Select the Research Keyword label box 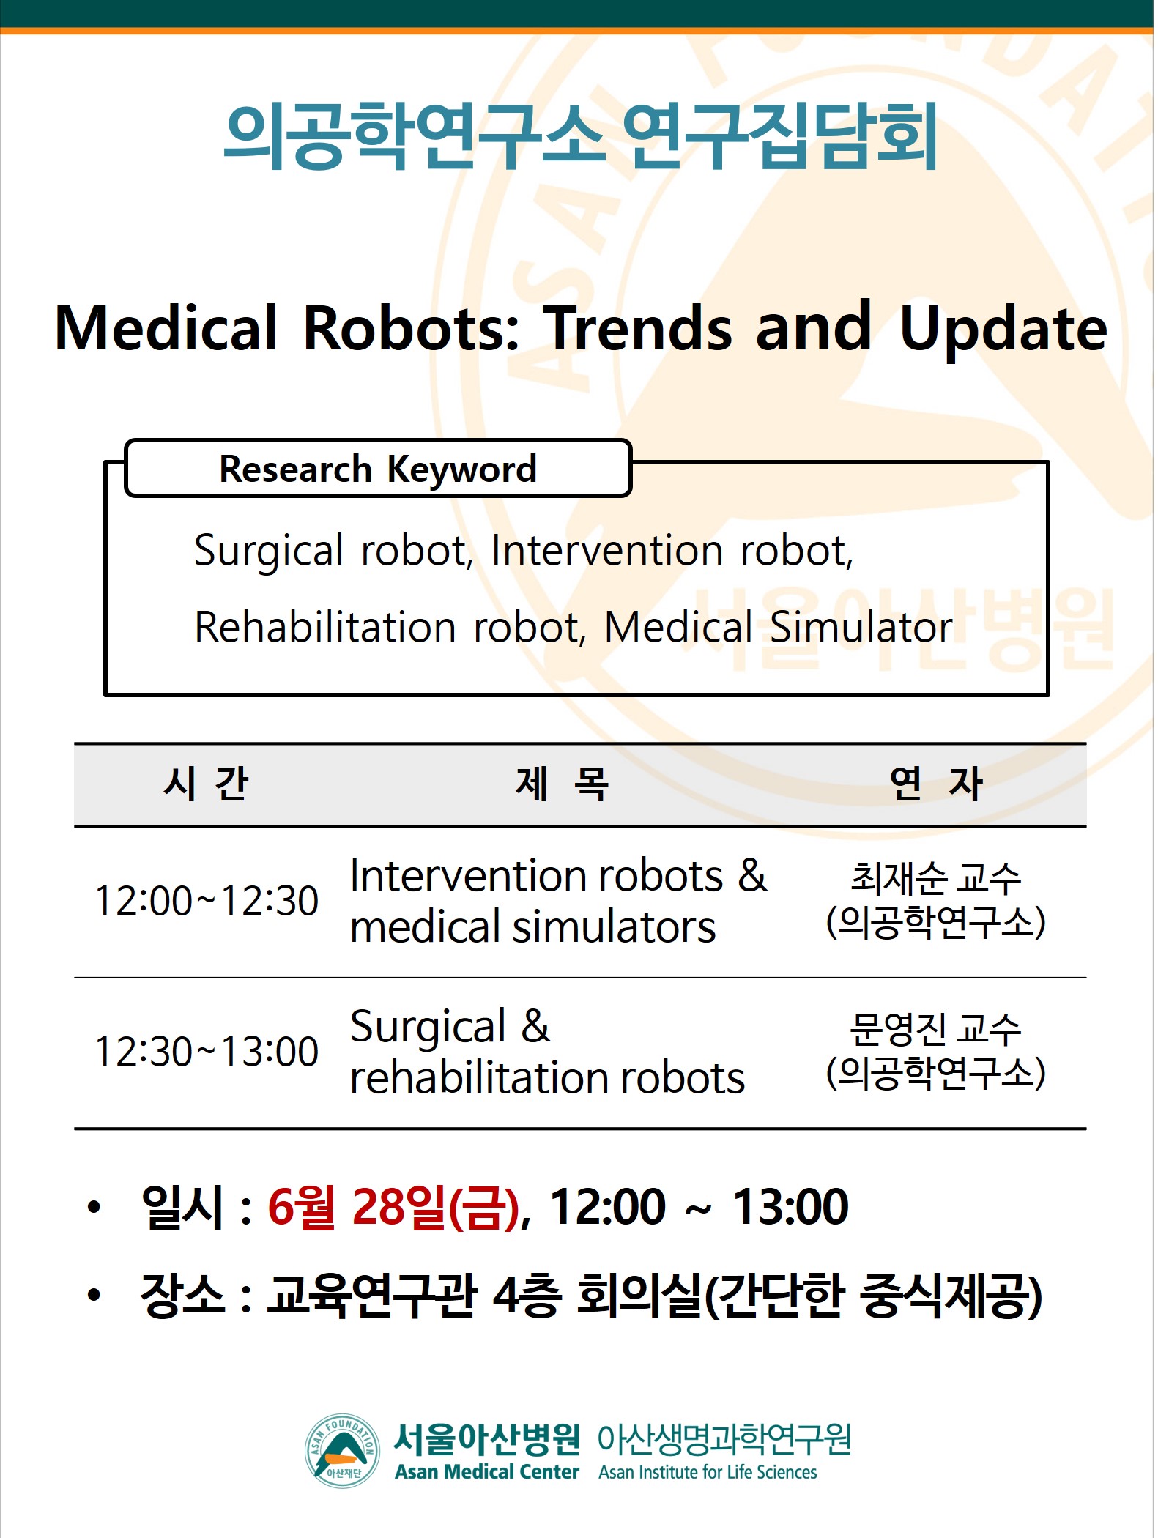[378, 469]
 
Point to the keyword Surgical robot [333, 551]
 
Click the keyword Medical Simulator [778, 627]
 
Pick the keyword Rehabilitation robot [390, 627]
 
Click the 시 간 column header [206, 784]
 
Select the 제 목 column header [562, 784]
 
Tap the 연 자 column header [935, 784]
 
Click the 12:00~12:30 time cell [207, 901]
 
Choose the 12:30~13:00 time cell [207, 1052]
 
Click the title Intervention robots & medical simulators [558, 902]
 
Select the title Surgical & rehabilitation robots [547, 1052]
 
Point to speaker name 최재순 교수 [935, 878]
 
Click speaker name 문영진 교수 [935, 1029]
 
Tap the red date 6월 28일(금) [393, 1207]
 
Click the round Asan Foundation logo [343, 1450]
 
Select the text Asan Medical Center [487, 1471]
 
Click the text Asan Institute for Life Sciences [708, 1472]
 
